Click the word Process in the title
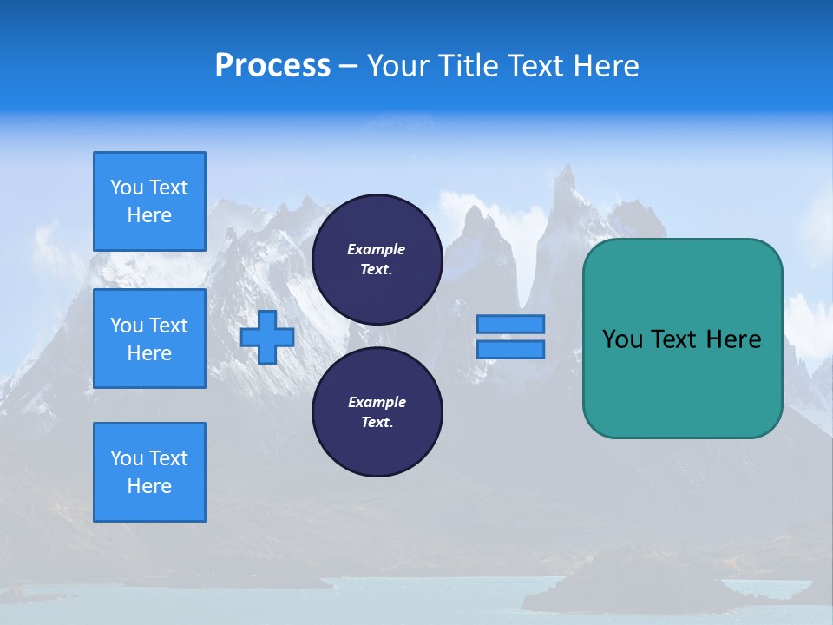(x=272, y=66)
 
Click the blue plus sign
(x=267, y=337)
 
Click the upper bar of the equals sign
(x=510, y=324)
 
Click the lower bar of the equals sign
(x=510, y=349)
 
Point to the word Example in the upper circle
(x=376, y=249)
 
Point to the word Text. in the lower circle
(x=377, y=422)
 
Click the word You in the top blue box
(x=127, y=187)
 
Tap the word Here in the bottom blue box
(x=149, y=486)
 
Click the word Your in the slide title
(x=397, y=66)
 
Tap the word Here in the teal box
(x=733, y=339)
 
